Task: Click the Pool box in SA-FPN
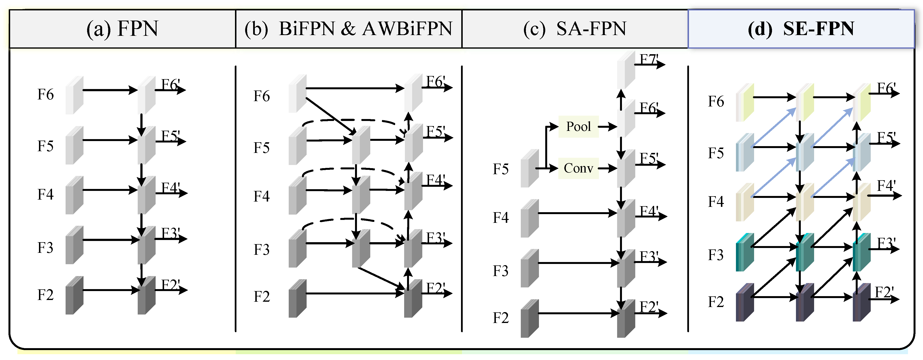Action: tap(578, 127)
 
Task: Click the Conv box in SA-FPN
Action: tap(578, 168)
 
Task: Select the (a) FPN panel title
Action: tap(122, 29)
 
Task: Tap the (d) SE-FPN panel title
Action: tap(801, 29)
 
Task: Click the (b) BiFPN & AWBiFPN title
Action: tap(348, 29)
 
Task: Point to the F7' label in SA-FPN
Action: tap(649, 59)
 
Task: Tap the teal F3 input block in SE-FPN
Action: tap(745, 253)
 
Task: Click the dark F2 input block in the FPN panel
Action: tap(74, 295)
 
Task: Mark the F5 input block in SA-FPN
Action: tap(529, 168)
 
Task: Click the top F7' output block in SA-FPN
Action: tap(626, 70)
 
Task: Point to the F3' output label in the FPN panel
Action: tap(170, 233)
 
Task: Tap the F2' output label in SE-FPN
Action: tap(884, 292)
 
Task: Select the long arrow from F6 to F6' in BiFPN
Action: tap(355, 88)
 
